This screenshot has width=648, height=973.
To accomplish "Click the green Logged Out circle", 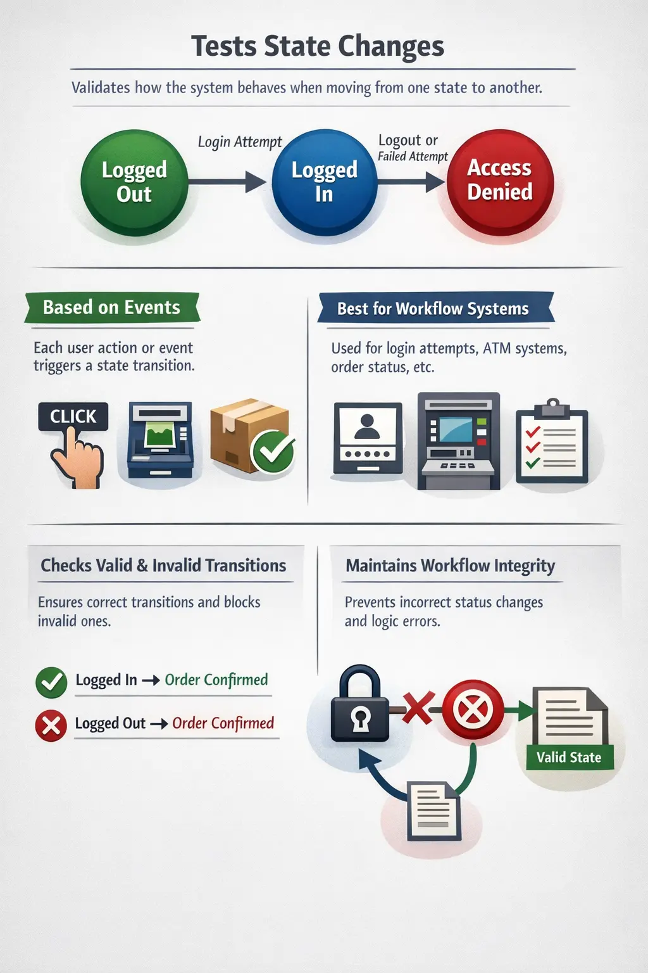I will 134,182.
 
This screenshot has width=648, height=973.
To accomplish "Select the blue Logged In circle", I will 325,182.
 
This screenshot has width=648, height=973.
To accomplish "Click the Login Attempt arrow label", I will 240,142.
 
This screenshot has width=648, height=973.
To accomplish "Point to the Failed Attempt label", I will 413,156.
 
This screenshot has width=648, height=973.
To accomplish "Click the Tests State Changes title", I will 318,47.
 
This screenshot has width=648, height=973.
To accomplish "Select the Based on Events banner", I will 112,308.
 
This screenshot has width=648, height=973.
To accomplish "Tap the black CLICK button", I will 73,416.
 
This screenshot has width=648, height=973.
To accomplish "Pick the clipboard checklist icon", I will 552,443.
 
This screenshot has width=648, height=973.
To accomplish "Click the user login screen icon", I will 368,438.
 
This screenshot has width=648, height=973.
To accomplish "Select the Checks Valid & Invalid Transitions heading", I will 163,565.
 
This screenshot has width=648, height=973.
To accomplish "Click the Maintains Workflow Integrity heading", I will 450,565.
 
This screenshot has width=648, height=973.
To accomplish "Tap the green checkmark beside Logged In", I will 51,682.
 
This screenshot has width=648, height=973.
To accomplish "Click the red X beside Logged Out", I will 51,725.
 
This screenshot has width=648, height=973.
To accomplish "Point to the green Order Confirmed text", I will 216,680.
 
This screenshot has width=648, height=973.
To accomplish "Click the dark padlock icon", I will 360,704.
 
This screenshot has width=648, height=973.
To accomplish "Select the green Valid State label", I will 569,758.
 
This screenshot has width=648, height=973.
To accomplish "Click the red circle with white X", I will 473,709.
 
